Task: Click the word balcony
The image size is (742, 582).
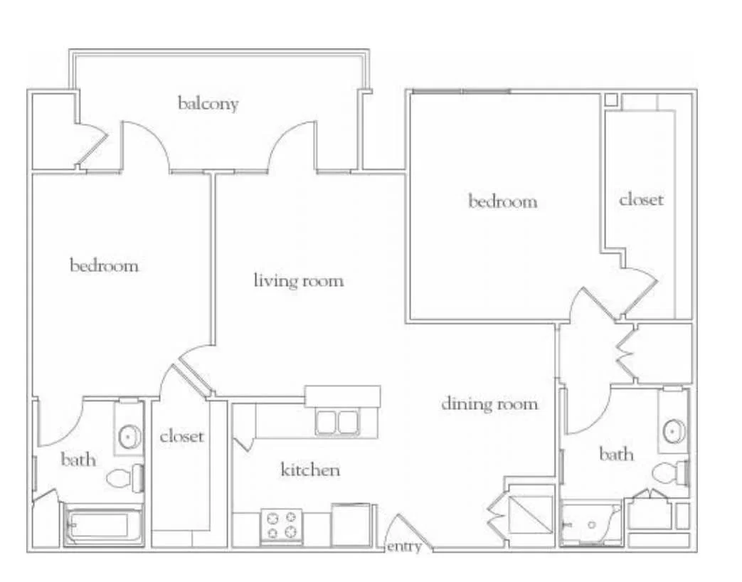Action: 208,104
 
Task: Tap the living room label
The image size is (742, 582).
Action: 299,280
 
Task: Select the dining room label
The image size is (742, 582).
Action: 489,403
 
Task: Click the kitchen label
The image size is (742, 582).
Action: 310,470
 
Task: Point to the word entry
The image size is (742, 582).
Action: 404,546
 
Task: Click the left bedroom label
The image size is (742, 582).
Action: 104,265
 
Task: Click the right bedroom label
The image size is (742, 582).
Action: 502,201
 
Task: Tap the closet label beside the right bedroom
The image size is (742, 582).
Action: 641,199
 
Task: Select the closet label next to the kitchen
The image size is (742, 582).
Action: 181,436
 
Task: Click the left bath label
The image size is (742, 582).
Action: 78,459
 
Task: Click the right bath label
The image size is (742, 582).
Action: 616,454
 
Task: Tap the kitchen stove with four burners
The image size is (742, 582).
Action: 282,525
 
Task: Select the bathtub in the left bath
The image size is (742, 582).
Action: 103,527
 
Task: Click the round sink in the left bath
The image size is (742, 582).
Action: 129,436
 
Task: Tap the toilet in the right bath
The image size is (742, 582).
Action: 671,472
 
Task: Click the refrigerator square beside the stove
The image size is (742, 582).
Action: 351,525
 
